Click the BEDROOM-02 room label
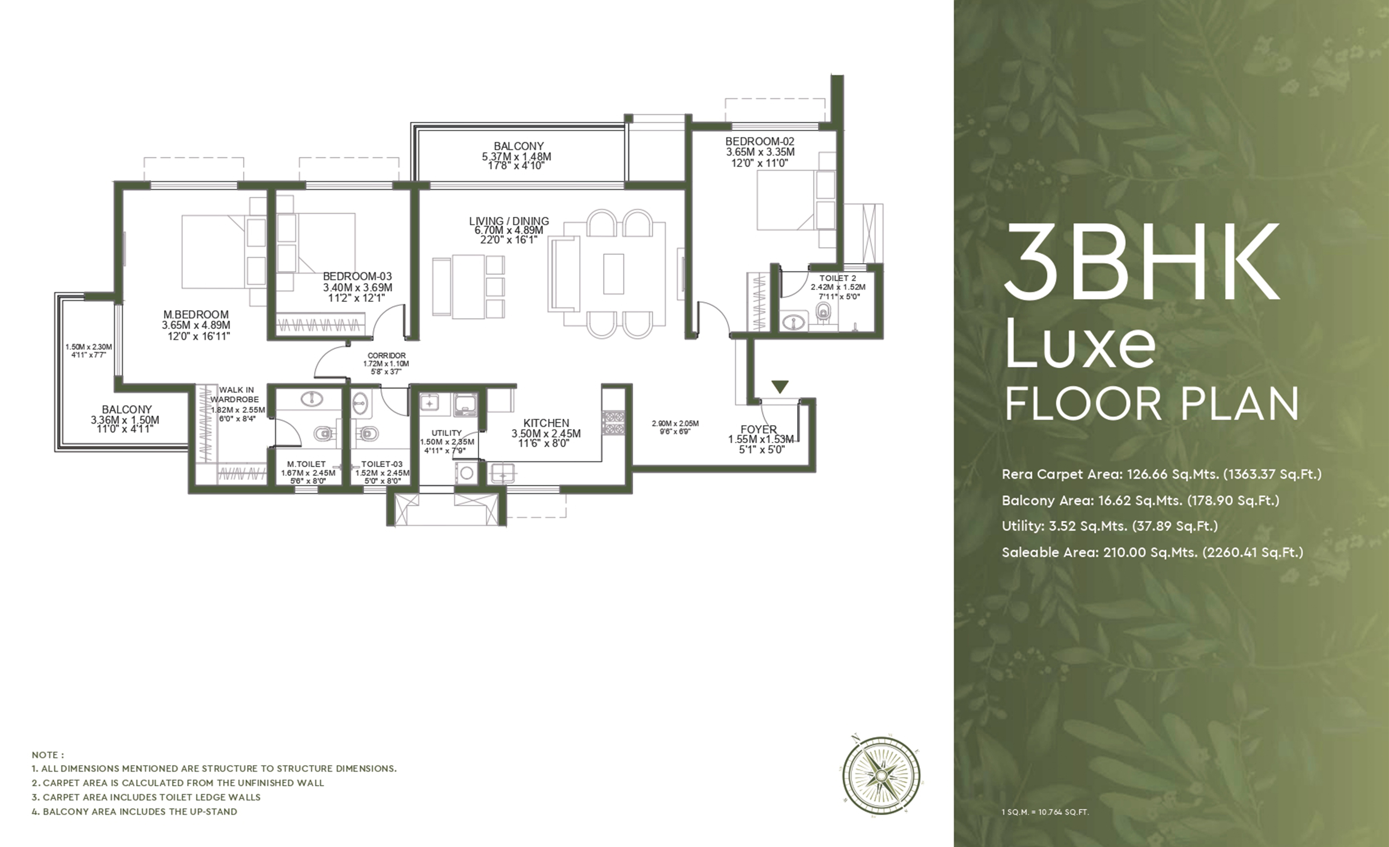(x=760, y=141)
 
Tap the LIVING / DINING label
(x=509, y=221)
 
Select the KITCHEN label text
(x=546, y=423)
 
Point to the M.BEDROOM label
(x=196, y=315)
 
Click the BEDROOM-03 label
(x=357, y=277)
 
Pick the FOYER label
(x=759, y=430)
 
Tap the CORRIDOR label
(x=387, y=355)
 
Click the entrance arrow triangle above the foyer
(x=779, y=387)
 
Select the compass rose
(x=881, y=775)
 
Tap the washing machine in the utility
(x=466, y=473)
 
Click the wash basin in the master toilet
(x=312, y=399)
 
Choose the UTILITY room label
(x=447, y=433)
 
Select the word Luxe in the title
(x=1080, y=343)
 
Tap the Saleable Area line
(x=1153, y=552)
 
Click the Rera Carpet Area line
(x=1162, y=474)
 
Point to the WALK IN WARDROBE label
(x=236, y=394)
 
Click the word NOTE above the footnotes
(x=48, y=755)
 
